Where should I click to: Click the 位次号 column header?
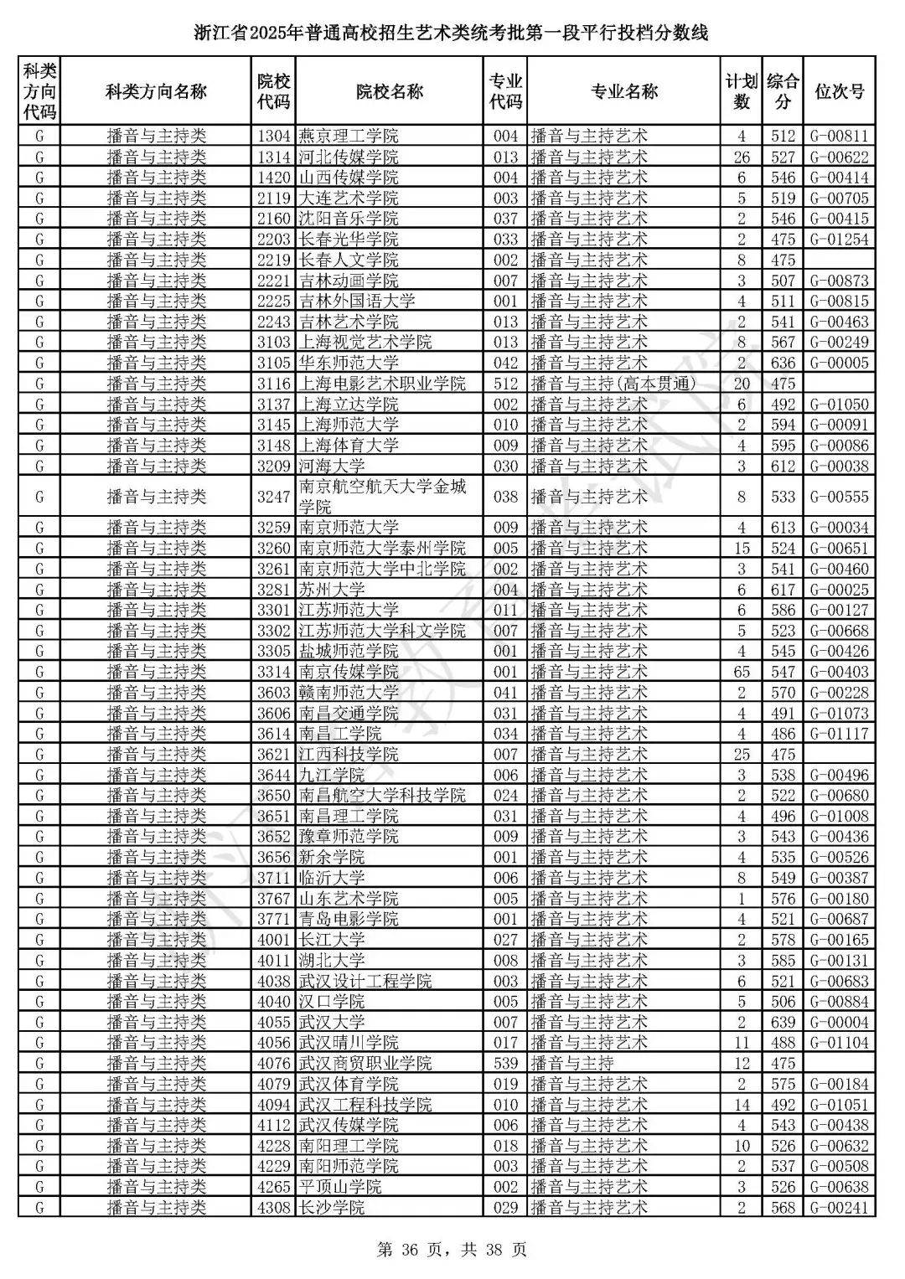[x=839, y=91]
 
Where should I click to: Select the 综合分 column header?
[x=783, y=91]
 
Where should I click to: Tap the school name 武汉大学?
[x=332, y=1022]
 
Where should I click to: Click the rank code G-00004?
[x=839, y=1022]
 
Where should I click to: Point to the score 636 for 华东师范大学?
[x=783, y=363]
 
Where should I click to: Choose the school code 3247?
[x=273, y=497]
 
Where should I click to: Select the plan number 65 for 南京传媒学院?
[x=741, y=672]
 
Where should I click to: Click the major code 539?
[x=505, y=1063]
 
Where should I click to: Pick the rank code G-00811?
[x=839, y=136]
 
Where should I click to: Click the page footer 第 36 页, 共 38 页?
[x=452, y=1251]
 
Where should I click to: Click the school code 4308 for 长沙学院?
[x=273, y=1207]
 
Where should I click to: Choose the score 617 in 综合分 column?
[x=783, y=590]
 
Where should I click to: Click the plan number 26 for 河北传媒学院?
[x=741, y=157]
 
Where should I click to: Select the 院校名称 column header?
[x=389, y=91]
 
